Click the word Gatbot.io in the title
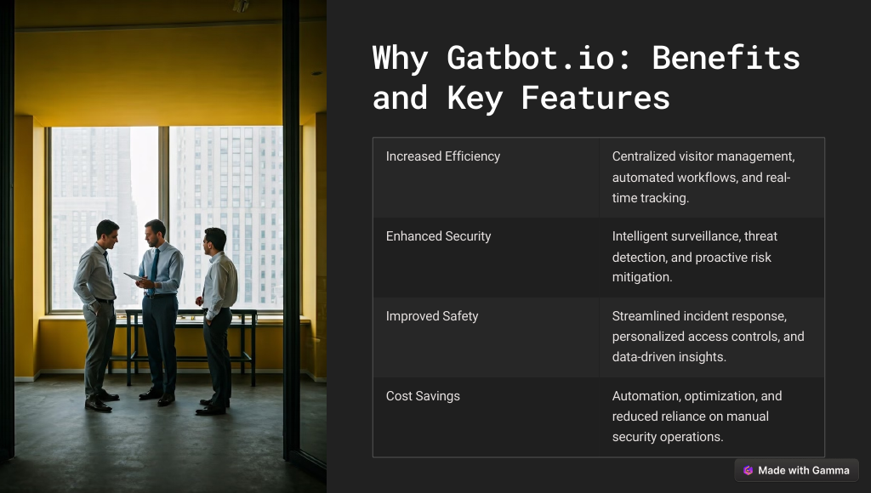coord(538,58)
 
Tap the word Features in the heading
coord(595,98)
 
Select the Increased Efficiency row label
coord(442,156)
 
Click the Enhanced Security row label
coord(438,236)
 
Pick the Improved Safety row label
coord(431,316)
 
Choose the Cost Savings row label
coord(423,396)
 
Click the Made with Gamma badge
coord(796,470)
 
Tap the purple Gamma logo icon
coord(748,470)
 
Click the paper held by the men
coord(132,276)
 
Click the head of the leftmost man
coord(107,232)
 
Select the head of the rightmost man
coord(215,240)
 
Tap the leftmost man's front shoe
coord(99,405)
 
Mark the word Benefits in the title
coord(726,58)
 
